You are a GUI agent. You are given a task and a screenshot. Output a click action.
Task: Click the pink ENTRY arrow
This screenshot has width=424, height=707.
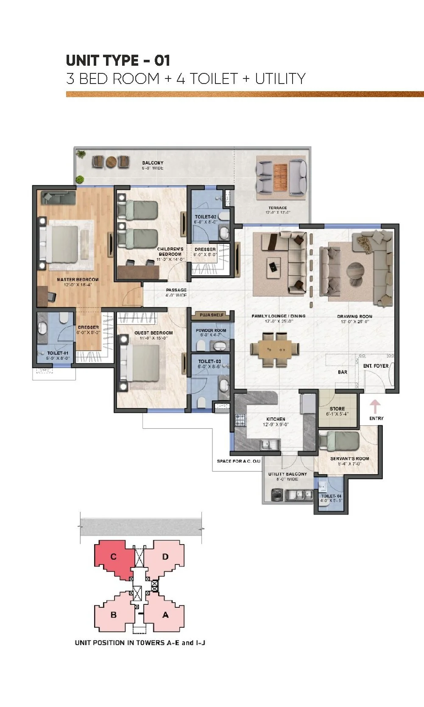(x=375, y=406)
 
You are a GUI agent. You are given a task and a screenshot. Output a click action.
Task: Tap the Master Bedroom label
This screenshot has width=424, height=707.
(x=78, y=279)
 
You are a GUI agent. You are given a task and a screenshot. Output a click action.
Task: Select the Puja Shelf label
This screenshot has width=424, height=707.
(x=212, y=315)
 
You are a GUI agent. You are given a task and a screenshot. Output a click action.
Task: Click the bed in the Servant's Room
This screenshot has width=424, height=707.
(x=339, y=441)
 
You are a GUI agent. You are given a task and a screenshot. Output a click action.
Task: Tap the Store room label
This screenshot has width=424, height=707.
(x=337, y=409)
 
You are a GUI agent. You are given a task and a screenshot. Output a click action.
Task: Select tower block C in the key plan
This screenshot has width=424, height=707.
(x=114, y=557)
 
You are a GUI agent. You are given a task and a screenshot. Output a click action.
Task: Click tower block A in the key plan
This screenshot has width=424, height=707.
(x=165, y=615)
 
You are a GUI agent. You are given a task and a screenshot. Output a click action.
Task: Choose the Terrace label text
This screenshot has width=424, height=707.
(x=277, y=208)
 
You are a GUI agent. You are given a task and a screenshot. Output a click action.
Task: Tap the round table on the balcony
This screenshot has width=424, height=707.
(x=112, y=162)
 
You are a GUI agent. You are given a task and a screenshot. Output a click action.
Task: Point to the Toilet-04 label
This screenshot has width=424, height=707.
(x=331, y=496)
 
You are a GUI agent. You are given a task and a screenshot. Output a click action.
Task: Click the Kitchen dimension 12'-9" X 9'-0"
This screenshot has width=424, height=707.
(x=276, y=424)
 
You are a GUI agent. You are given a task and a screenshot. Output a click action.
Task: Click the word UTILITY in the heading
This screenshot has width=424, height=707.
(x=280, y=79)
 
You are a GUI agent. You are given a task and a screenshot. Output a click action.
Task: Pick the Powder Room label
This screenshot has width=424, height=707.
(x=211, y=330)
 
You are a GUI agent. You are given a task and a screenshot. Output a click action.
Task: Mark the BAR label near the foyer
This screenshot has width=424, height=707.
(x=343, y=372)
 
